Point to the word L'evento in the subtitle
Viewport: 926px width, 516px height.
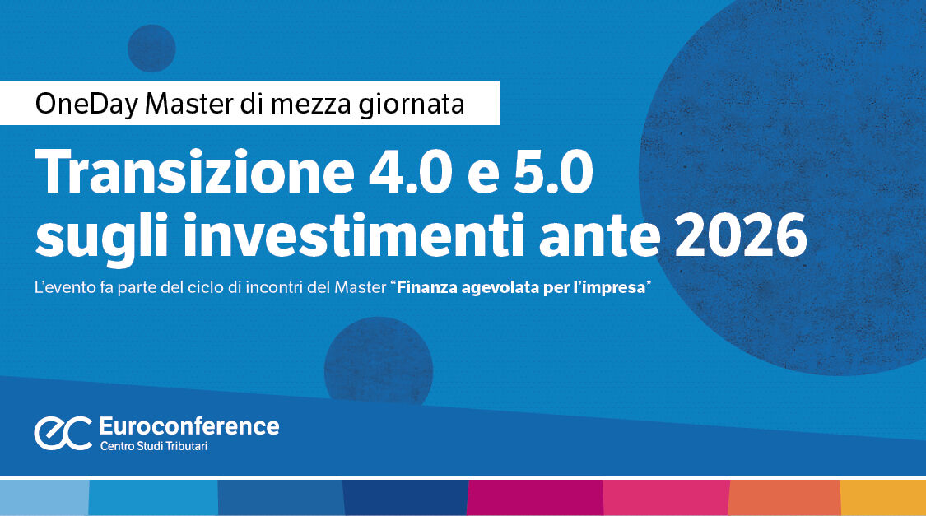point(62,289)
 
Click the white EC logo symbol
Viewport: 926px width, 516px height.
point(63,433)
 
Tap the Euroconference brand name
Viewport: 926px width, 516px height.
point(188,426)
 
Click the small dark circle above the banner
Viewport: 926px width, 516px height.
point(151,48)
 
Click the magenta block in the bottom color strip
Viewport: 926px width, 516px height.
point(535,498)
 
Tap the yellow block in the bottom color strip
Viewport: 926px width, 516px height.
point(882,498)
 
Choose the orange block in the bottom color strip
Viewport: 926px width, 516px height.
point(784,498)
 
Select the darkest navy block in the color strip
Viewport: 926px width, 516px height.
point(405,498)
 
